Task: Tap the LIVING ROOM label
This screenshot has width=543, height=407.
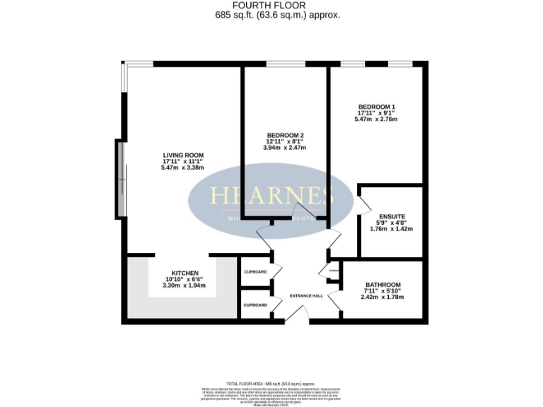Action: point(183,155)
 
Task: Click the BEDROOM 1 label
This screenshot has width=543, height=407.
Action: point(375,106)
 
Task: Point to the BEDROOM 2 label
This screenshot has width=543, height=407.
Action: point(286,135)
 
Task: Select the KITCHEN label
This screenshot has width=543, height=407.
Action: point(185,273)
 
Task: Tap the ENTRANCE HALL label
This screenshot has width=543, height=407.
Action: point(306,295)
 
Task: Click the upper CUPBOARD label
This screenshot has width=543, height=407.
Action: point(255,272)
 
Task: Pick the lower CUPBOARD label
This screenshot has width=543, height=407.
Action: point(255,305)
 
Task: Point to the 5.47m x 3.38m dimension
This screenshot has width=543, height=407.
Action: point(183,168)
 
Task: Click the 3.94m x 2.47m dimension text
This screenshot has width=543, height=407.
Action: point(286,148)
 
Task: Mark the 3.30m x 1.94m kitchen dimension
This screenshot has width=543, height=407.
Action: point(185,285)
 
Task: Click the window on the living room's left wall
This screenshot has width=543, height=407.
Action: point(121,179)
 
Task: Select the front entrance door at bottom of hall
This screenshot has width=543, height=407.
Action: point(298,316)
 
